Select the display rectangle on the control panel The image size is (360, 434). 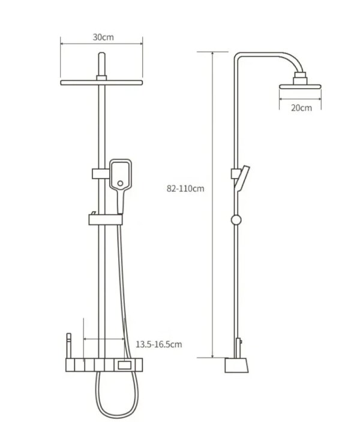coord(126,364)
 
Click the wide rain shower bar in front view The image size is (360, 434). coord(101,82)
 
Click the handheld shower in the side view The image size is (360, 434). coord(242,179)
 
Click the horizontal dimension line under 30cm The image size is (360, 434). coord(101,42)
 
